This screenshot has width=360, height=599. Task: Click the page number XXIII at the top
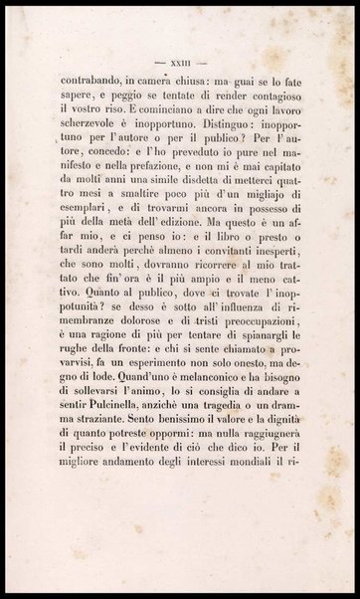[179, 49]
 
